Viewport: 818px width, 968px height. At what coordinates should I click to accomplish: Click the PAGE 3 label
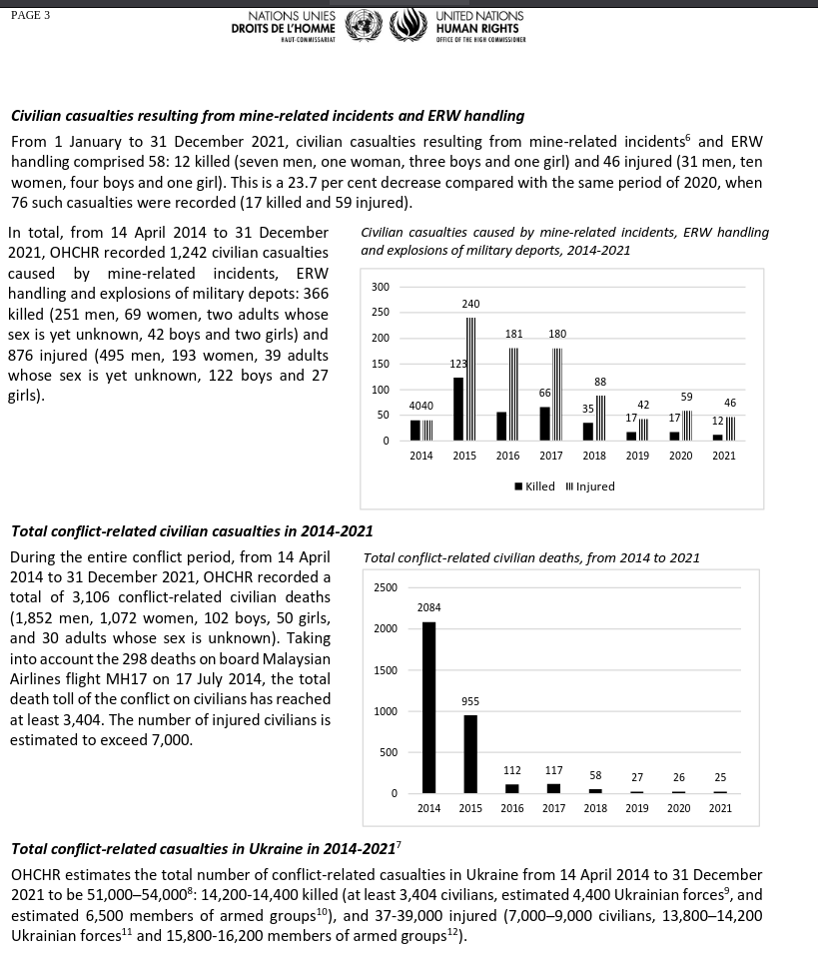click(x=30, y=15)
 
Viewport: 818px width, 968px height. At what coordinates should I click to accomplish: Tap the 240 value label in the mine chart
click(x=470, y=304)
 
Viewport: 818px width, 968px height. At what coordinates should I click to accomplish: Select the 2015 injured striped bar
click(x=470, y=379)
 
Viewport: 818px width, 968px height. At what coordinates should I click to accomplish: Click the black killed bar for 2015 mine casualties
click(x=458, y=409)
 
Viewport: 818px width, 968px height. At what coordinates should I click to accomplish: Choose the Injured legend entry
click(x=590, y=486)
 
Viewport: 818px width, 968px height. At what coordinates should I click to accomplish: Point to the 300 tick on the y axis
click(x=381, y=287)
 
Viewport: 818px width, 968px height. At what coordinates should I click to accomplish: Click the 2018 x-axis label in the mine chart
click(x=594, y=456)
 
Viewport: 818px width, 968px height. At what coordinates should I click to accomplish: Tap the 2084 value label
click(x=429, y=607)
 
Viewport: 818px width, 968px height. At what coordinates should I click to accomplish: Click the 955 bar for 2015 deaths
click(x=470, y=754)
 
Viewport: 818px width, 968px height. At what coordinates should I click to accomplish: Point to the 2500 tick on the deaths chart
click(x=385, y=587)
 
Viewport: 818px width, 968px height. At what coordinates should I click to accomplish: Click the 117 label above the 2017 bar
click(x=554, y=770)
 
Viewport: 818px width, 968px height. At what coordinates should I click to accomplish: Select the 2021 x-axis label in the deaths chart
click(x=720, y=808)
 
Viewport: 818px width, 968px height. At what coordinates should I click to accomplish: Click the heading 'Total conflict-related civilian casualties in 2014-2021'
click(x=192, y=531)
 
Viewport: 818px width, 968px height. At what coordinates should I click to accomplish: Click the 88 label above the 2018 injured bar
click(x=600, y=382)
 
